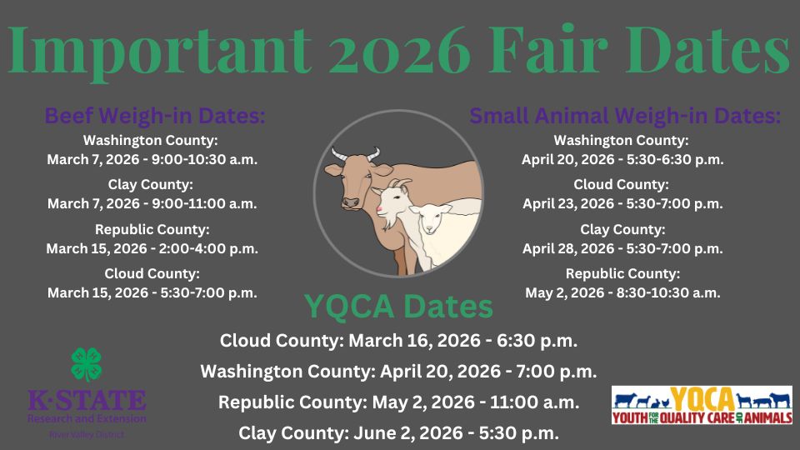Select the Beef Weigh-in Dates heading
pyautogui.click(x=155, y=116)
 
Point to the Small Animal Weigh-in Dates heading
pyautogui.click(x=625, y=116)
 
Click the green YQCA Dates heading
pyautogui.click(x=398, y=307)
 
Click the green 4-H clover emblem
pyautogui.click(x=87, y=365)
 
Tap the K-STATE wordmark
pyautogui.click(x=87, y=401)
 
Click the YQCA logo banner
pyautogui.click(x=702, y=405)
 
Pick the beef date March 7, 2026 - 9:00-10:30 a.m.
pyautogui.click(x=152, y=158)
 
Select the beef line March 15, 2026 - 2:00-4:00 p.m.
pyautogui.click(x=152, y=248)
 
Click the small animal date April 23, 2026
pyautogui.click(x=622, y=203)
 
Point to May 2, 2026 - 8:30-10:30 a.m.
pyautogui.click(x=622, y=292)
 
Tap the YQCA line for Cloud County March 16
pyautogui.click(x=398, y=341)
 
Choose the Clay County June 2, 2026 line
pyautogui.click(x=398, y=433)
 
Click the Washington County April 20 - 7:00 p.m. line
pyautogui.click(x=398, y=372)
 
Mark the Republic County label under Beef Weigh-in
pyautogui.click(x=152, y=229)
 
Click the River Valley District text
pyautogui.click(x=87, y=434)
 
